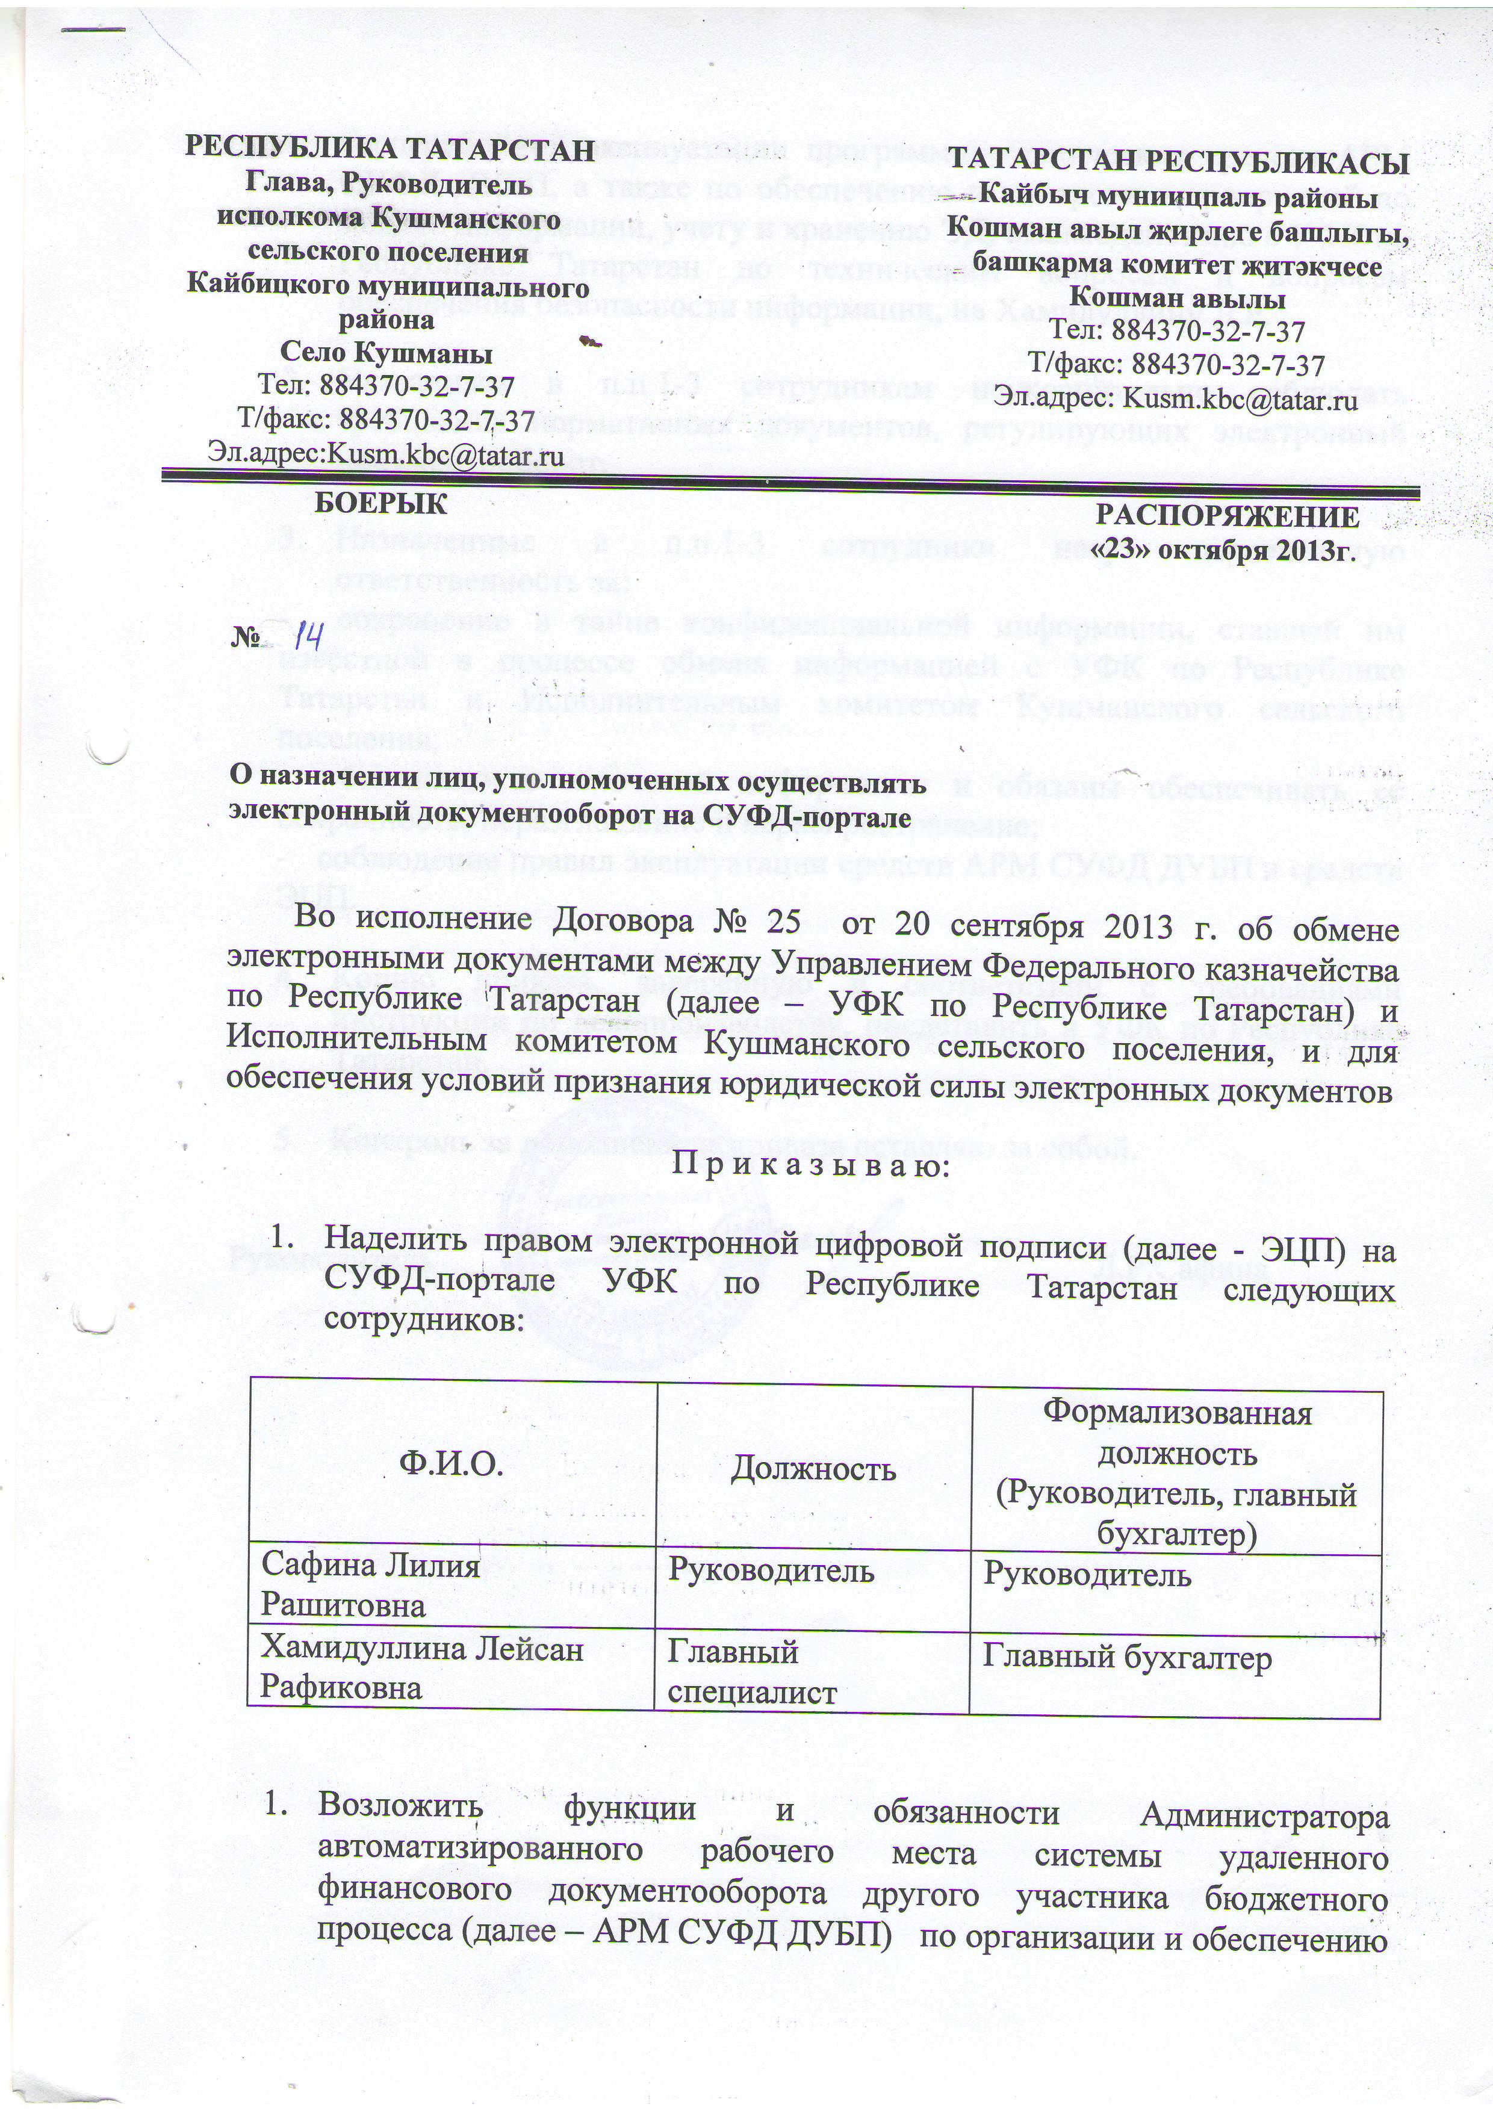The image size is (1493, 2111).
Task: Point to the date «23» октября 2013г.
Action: [1223, 550]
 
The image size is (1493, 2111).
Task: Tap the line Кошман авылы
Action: [1178, 298]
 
